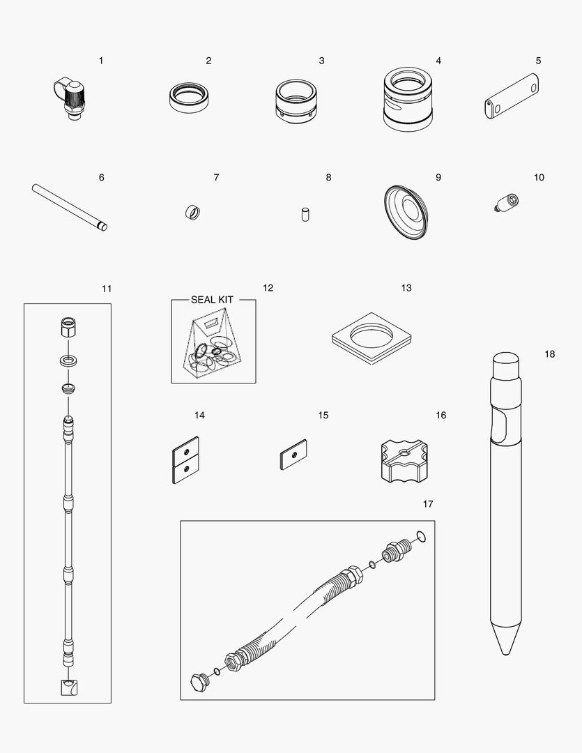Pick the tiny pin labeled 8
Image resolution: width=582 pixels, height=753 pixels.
tap(305, 214)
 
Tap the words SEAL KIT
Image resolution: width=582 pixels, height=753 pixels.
tap(212, 300)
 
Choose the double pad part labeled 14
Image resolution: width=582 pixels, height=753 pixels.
tap(185, 459)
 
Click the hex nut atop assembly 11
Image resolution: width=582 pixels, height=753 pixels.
tap(68, 326)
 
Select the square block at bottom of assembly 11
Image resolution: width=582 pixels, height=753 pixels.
tap(68, 687)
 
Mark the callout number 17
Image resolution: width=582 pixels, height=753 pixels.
tap(427, 503)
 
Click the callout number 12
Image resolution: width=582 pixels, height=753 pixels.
tap(268, 288)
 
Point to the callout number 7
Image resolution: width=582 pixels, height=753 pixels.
tap(216, 178)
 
